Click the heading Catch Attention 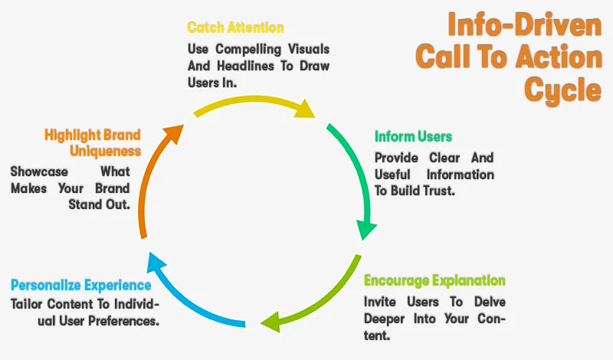235,28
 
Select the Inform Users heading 413,136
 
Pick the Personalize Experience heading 80,285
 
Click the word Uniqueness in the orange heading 105,151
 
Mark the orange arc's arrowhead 175,132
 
